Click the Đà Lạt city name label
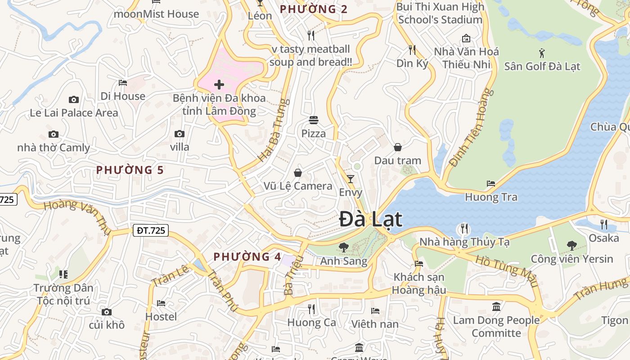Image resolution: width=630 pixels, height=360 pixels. pos(371,220)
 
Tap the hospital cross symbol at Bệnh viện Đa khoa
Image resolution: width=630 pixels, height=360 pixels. pos(219,85)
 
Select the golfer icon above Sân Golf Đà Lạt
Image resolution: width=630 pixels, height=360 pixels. pos(542,53)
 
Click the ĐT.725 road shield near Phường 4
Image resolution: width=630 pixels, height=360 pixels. pos(151,231)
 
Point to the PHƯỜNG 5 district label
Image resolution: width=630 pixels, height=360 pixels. pos(130,170)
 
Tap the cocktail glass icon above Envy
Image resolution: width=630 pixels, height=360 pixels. pos(351,179)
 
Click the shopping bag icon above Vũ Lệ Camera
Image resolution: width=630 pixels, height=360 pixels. pos(298,173)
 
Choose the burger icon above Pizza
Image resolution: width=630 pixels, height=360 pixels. pos(314,120)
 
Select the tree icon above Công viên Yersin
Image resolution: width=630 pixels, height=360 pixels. pos(571,246)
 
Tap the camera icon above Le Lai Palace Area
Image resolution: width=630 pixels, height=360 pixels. pos(74,99)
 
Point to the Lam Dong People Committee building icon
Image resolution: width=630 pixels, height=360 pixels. pos(496,307)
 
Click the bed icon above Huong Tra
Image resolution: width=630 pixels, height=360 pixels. pos(491,184)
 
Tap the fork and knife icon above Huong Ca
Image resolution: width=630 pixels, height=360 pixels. pos(311,309)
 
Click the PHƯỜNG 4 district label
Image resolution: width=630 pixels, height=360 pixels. pos(247,257)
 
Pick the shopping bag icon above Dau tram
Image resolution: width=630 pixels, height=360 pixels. pos(398,147)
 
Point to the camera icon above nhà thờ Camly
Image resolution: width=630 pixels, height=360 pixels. pos(54,135)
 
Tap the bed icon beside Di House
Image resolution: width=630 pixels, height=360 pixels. pos(123,83)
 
